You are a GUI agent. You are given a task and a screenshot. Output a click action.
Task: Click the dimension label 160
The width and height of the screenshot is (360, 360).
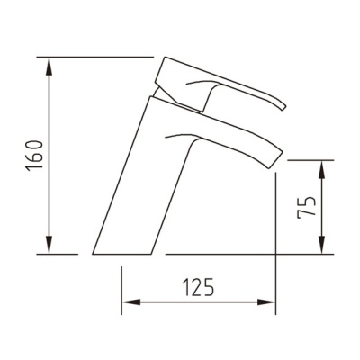33,156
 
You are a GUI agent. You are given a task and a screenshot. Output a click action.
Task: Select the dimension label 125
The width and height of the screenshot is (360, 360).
199,287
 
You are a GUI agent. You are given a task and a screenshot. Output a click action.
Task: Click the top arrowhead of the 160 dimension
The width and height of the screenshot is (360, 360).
49,67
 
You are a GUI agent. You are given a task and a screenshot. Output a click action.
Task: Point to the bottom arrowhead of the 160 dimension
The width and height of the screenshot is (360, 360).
49,245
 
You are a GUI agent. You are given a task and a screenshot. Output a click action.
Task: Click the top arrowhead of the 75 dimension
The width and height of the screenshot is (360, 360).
321,170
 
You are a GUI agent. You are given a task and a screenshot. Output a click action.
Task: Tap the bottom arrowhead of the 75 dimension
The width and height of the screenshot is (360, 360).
321,245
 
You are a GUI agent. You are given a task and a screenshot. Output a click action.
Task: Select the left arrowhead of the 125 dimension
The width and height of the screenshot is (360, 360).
131,302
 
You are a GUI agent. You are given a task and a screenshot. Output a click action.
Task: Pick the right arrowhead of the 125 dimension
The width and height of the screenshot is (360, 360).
266,302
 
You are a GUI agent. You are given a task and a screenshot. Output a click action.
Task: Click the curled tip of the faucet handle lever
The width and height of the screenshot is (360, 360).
284,107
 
